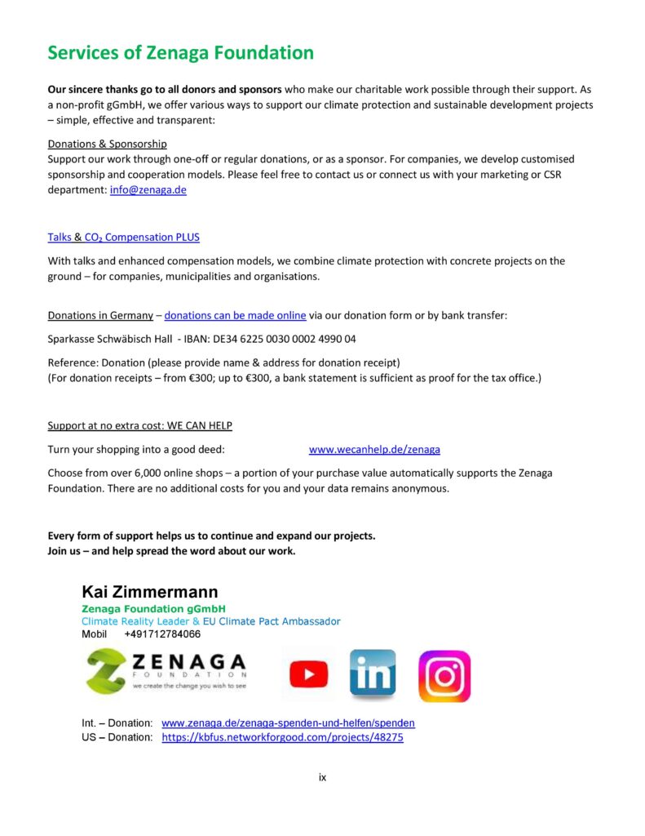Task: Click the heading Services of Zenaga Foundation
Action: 180,53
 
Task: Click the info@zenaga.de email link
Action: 148,189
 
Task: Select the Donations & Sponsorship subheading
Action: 107,144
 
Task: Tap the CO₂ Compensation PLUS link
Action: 142,237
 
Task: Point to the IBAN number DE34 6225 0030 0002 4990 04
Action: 282,338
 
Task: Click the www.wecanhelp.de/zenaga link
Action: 374,449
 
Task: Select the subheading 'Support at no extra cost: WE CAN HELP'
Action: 139,425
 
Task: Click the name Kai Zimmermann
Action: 149,592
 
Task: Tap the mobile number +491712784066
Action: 162,634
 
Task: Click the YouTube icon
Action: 309,674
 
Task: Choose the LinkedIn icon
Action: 373,674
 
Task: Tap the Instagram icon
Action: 444,676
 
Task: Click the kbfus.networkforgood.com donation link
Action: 282,737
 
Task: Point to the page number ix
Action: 322,777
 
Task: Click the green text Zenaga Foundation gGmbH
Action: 153,609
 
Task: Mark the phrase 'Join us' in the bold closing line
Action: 66,550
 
